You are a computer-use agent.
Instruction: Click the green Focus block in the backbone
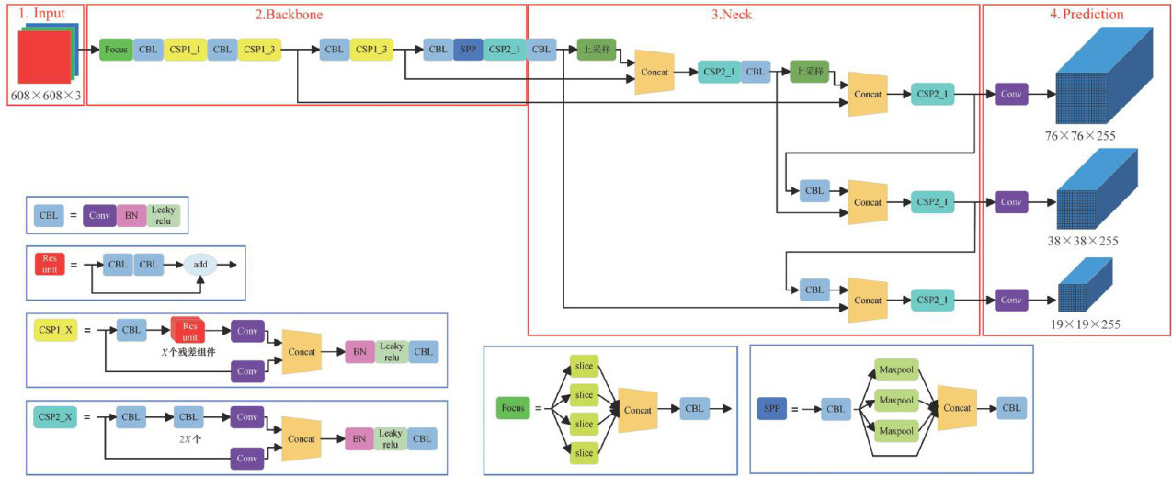pos(116,50)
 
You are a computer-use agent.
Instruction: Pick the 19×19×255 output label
pos(1085,324)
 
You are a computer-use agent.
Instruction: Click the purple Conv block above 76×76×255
pos(1011,94)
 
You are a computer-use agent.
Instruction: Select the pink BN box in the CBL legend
pos(131,216)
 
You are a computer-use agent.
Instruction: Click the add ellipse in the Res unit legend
pos(199,266)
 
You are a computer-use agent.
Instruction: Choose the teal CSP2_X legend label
pos(56,416)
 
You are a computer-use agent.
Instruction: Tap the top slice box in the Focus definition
pos(584,367)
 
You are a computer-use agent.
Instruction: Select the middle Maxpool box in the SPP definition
pos(895,400)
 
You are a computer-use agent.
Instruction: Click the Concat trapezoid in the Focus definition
pos(638,410)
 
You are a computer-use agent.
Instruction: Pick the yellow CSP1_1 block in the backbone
pos(186,50)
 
